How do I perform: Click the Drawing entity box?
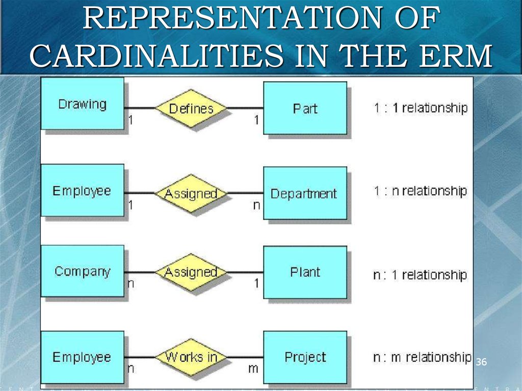tap(82, 104)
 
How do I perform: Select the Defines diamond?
tap(191, 108)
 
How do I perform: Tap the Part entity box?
tap(305, 108)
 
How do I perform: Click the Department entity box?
tap(304, 194)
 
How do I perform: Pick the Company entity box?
tap(82, 271)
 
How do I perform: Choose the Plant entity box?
tap(305, 272)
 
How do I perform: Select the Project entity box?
tap(305, 357)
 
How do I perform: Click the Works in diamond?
tap(191, 357)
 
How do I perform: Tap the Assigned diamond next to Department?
tap(191, 194)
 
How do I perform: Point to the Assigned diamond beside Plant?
tap(191, 272)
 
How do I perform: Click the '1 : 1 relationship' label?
tap(421, 108)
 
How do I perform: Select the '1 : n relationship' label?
tap(421, 191)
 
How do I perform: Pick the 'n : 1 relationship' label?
tap(420, 275)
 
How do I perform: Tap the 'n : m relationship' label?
tap(422, 357)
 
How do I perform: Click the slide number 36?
tap(481, 362)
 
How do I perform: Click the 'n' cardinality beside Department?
tap(256, 205)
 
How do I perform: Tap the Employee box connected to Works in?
tap(82, 357)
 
